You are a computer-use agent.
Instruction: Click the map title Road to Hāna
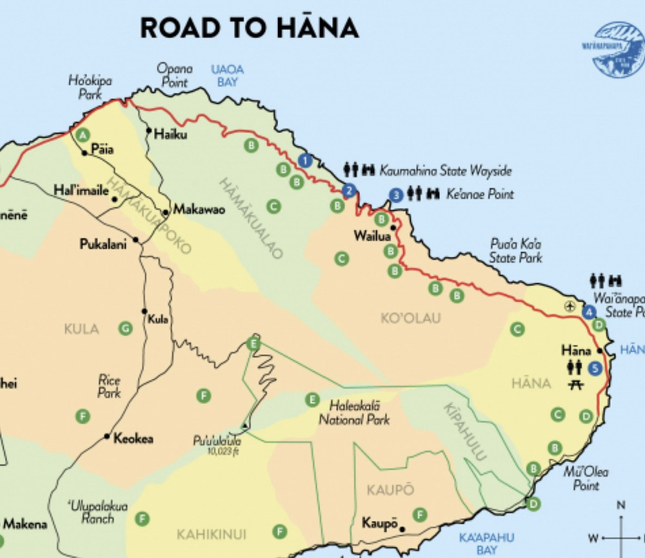[249, 28]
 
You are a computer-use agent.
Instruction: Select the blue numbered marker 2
[349, 190]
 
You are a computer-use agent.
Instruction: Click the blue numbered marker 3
[396, 194]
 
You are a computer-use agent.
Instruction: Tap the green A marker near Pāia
[82, 135]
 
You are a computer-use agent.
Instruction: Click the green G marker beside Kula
[125, 328]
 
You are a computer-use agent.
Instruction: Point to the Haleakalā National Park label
[359, 413]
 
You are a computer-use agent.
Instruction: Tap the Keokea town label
[133, 439]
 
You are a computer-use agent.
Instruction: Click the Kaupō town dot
[402, 529]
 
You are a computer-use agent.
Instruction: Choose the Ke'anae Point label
[480, 194]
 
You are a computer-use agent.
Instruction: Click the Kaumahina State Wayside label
[445, 171]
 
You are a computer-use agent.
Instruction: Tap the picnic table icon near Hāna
[577, 385]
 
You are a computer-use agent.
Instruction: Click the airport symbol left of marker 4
[570, 306]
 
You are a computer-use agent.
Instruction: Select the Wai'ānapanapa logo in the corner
[619, 50]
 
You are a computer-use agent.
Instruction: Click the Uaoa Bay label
[227, 75]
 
